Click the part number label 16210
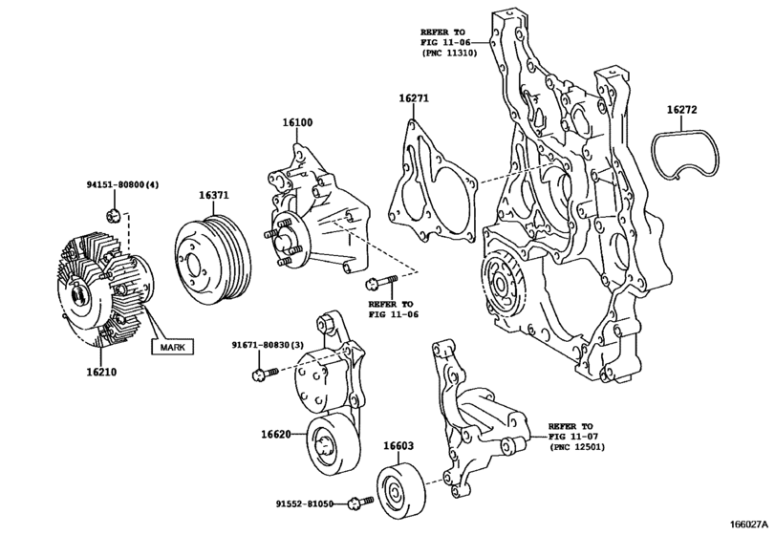coord(101,372)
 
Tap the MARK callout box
coord(173,347)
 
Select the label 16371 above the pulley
coord(214,195)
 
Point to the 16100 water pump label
coord(297,122)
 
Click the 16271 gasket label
coord(414,98)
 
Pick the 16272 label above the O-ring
coord(681,110)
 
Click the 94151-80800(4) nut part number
coord(123,184)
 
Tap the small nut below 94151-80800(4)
coord(113,215)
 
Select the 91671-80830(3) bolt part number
coord(268,344)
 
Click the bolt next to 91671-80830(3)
coord(265,374)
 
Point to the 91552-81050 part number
coord(304,503)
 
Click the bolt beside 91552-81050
coord(361,503)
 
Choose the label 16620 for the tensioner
coord(276,435)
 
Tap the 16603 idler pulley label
coord(398,446)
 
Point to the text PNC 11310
coord(450,53)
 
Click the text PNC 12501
coord(577,447)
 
